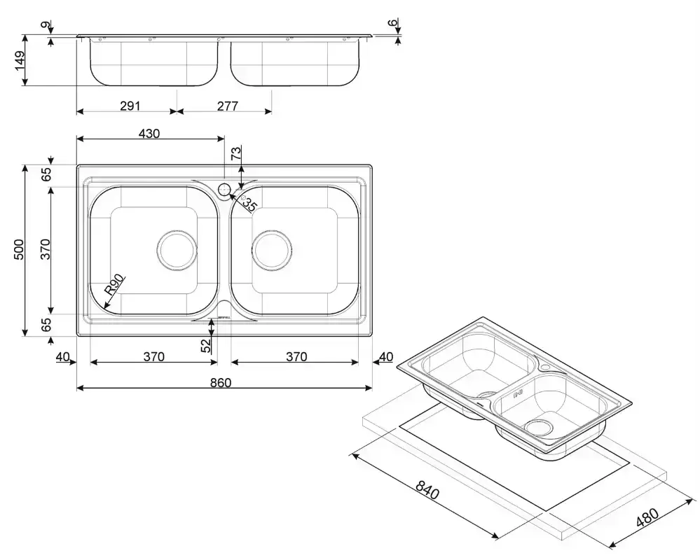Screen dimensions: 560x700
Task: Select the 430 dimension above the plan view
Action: coord(149,133)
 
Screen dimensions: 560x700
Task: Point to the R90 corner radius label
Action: coord(114,284)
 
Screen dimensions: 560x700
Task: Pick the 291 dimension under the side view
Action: coord(130,106)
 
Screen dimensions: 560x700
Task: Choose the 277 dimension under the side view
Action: coord(228,106)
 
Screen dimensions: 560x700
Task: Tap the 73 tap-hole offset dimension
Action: coord(236,154)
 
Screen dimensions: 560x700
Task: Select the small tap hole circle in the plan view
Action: coord(224,189)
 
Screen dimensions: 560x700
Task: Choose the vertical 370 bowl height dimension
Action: coord(45,250)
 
